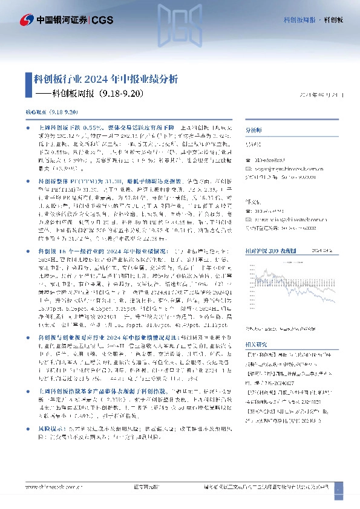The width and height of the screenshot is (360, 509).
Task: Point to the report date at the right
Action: pyautogui.click(x=326, y=95)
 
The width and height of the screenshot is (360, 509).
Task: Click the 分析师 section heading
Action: pyautogui.click(x=254, y=130)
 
